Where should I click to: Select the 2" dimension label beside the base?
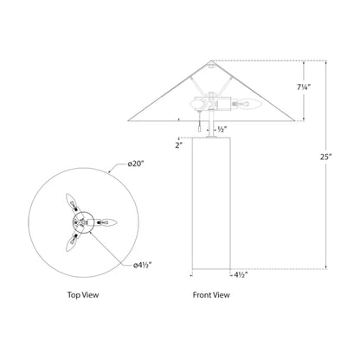177,146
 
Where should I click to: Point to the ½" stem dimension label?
222,129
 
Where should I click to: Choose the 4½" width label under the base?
242,274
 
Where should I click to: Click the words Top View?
84,295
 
